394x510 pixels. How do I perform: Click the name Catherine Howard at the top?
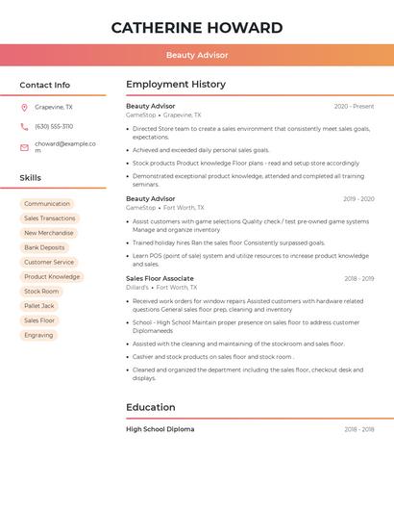click(x=197, y=28)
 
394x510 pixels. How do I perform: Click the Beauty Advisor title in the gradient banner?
click(x=197, y=56)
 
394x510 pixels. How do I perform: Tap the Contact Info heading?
click(x=45, y=85)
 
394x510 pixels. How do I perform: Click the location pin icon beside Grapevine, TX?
click(x=24, y=107)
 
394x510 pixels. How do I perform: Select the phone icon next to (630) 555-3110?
click(x=24, y=126)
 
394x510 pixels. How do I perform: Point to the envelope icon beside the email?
click(x=24, y=147)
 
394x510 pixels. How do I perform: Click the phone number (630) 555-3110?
click(x=54, y=126)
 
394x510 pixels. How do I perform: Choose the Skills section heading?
click(x=31, y=178)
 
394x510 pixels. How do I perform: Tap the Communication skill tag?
click(x=47, y=204)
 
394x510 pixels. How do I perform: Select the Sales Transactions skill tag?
click(x=50, y=218)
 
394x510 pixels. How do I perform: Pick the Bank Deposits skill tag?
click(x=45, y=247)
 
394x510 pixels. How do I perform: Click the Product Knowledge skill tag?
click(x=52, y=276)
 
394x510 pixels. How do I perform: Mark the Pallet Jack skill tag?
click(x=39, y=306)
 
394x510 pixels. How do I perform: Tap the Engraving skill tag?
click(x=38, y=335)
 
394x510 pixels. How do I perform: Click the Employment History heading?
click(x=176, y=85)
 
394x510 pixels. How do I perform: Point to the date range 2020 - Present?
click(x=354, y=106)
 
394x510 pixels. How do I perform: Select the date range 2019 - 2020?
click(x=358, y=199)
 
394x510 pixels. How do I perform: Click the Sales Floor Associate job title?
click(x=160, y=278)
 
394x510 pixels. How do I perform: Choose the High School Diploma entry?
click(x=160, y=429)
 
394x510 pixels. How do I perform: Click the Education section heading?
click(x=151, y=407)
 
